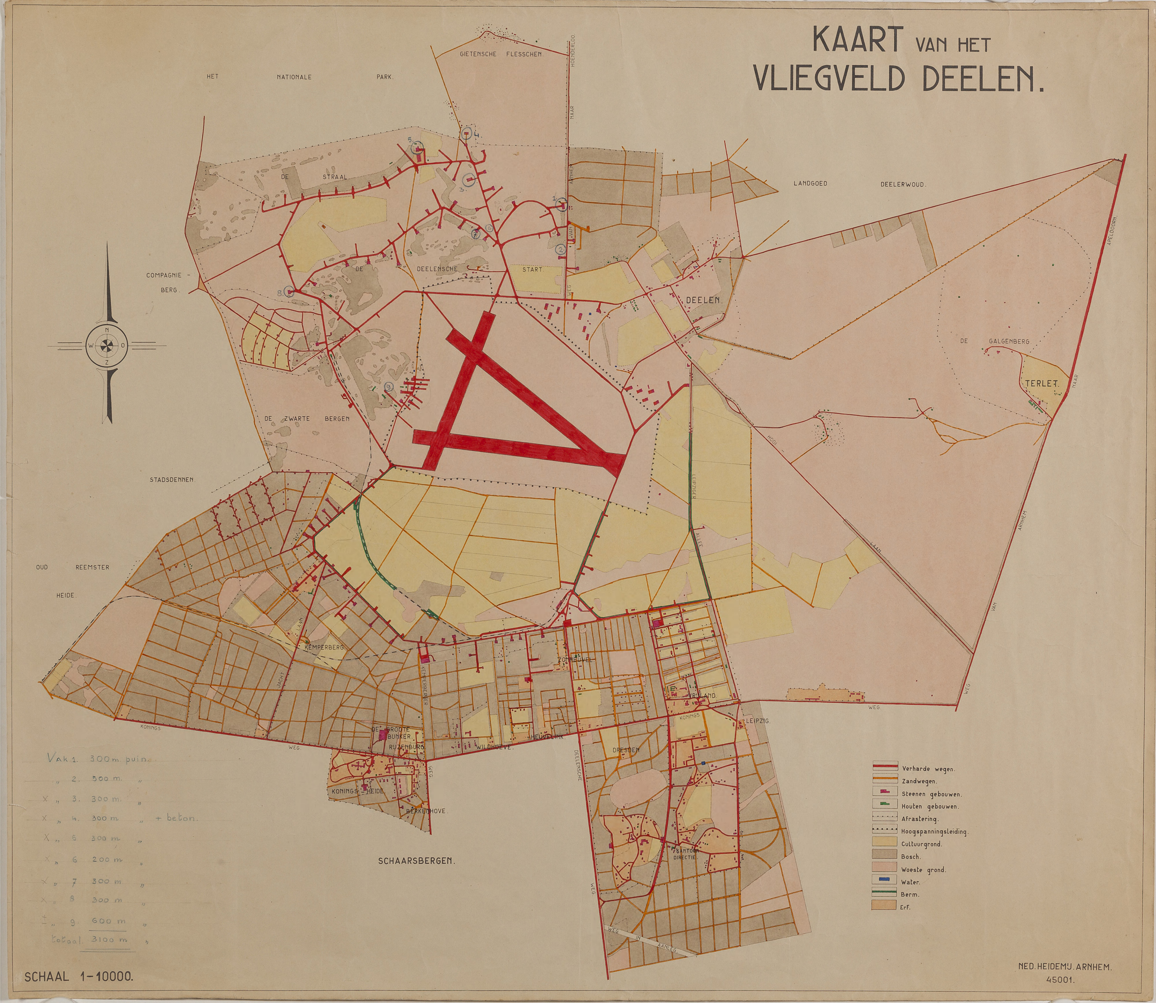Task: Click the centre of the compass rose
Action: (106, 345)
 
